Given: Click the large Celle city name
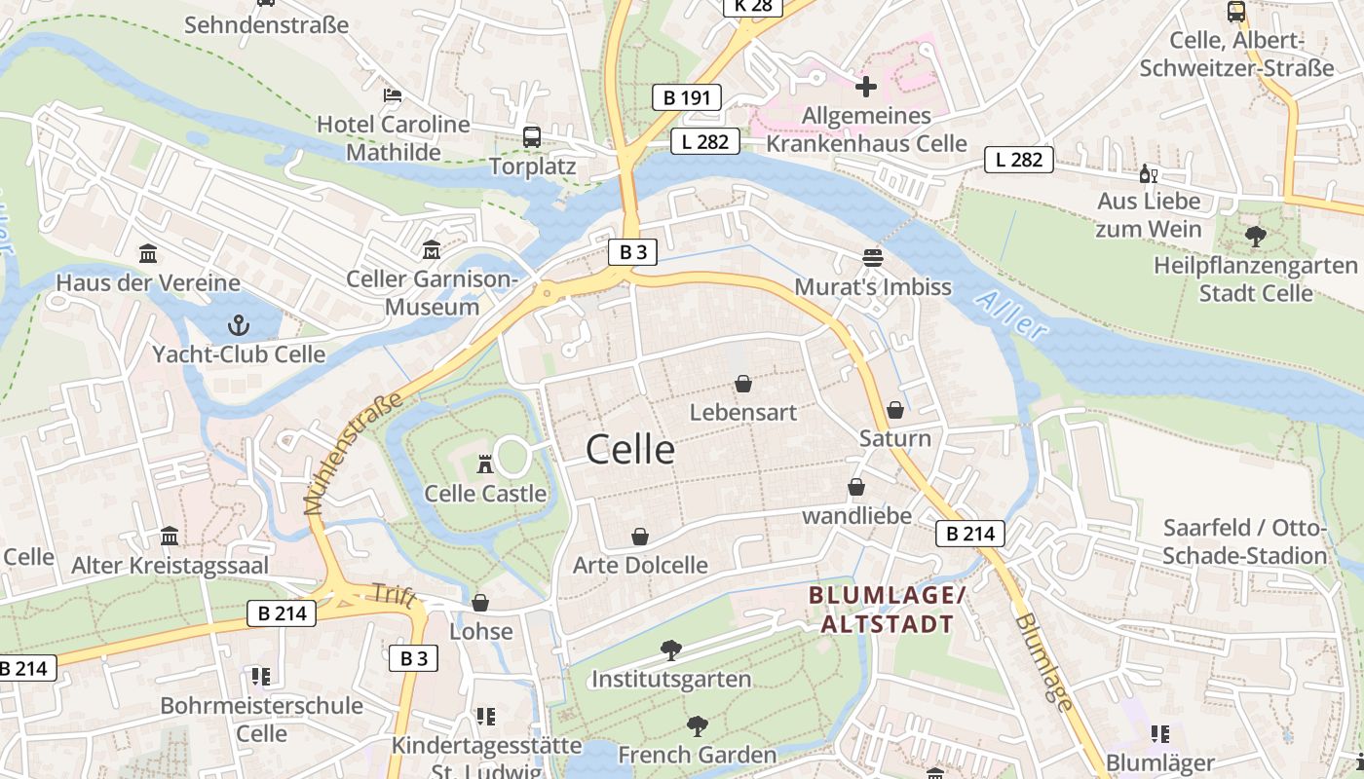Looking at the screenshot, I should click(x=630, y=450).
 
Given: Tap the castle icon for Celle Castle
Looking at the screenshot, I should click(x=485, y=464).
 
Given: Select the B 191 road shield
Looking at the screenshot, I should click(x=687, y=97).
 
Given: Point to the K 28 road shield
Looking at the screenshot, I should click(x=752, y=6).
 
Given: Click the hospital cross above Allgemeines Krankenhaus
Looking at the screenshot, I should click(x=865, y=87).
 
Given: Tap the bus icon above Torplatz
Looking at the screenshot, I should click(x=532, y=137).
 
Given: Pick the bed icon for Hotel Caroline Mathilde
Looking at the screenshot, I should click(x=393, y=95).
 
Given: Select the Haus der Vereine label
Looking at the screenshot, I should click(x=148, y=283).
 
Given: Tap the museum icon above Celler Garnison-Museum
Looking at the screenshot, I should click(x=432, y=250).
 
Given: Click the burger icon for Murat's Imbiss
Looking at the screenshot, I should click(x=873, y=258).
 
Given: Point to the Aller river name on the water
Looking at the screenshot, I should click(x=1010, y=315).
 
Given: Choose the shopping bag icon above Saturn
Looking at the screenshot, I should click(x=895, y=410).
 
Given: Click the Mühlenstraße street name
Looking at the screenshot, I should click(x=353, y=454).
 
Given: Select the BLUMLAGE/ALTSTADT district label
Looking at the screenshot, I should click(x=887, y=610).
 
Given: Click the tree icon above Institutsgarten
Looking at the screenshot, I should click(x=670, y=649).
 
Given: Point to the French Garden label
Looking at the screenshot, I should click(x=697, y=755).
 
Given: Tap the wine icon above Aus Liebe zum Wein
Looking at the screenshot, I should click(x=1149, y=174).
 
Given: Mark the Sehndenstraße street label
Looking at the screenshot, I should click(x=266, y=25).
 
